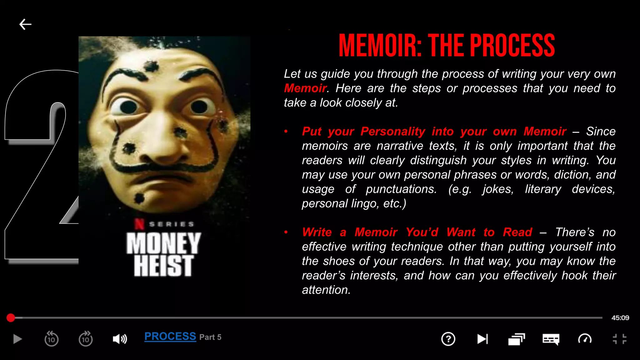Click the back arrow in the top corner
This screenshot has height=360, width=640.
coord(25,24)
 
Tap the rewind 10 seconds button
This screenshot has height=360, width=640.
coord(52,339)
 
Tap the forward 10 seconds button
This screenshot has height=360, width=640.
coord(86,339)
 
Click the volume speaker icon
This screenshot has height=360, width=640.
coord(120,339)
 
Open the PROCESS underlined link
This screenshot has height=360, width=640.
coord(170,337)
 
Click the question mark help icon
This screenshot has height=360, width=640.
coord(448,339)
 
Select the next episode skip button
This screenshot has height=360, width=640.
coord(482,339)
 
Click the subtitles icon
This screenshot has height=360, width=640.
coord(551,339)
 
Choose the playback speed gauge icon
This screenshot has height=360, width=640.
coord(585,339)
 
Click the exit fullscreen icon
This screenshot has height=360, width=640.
coord(619,339)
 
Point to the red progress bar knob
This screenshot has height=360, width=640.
coord(11,318)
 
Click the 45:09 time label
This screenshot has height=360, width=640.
coord(620,318)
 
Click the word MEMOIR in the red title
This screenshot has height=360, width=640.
coord(380,46)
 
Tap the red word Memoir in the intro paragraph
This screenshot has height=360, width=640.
coord(305,88)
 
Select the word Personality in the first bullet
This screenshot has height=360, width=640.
coord(393,132)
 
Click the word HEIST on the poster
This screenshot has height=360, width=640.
coord(163,266)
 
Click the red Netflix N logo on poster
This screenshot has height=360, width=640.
coord(139,224)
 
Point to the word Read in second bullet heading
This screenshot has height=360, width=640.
coord(517,232)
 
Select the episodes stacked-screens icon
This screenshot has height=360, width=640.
coord(516,339)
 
